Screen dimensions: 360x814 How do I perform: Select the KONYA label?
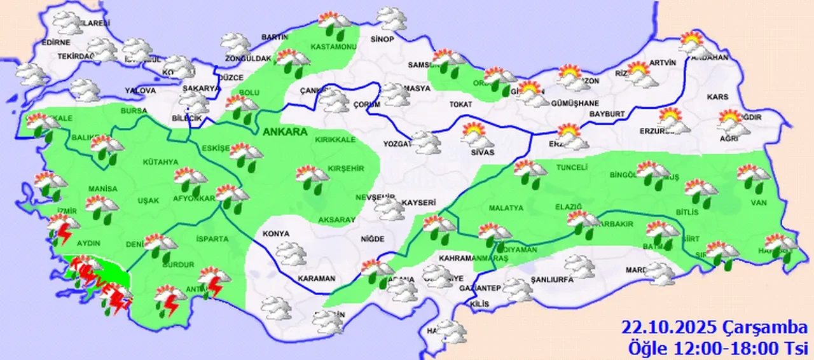(x=275, y=233)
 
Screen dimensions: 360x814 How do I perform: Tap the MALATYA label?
(x=506, y=208)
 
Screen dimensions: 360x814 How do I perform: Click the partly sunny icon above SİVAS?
(x=477, y=135)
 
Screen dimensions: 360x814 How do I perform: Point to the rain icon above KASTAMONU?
(x=334, y=24)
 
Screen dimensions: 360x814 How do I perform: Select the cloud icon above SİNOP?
(x=391, y=19)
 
